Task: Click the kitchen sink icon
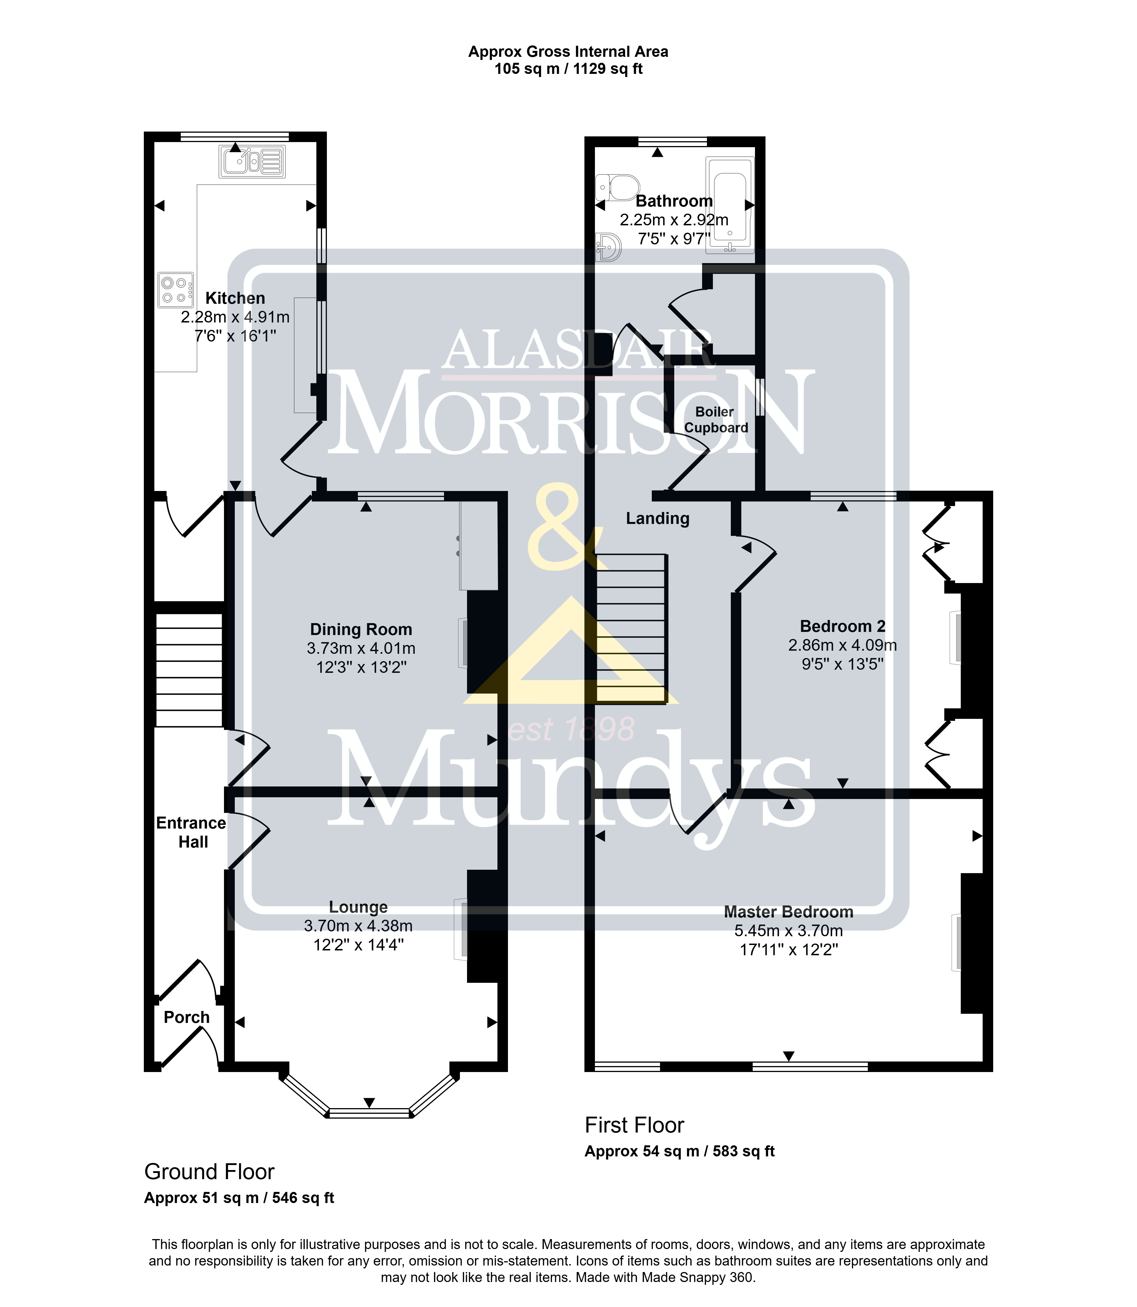[252, 161]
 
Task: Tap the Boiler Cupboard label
[716, 420]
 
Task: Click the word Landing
[657, 519]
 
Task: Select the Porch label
[186, 1018]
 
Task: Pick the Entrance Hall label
[192, 833]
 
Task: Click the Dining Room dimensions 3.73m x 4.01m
[361, 649]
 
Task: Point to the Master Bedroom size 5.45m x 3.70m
[789, 931]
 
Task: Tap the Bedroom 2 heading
[843, 627]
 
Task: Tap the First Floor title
[634, 1125]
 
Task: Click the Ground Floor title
[209, 1172]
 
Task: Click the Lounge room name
[358, 908]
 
